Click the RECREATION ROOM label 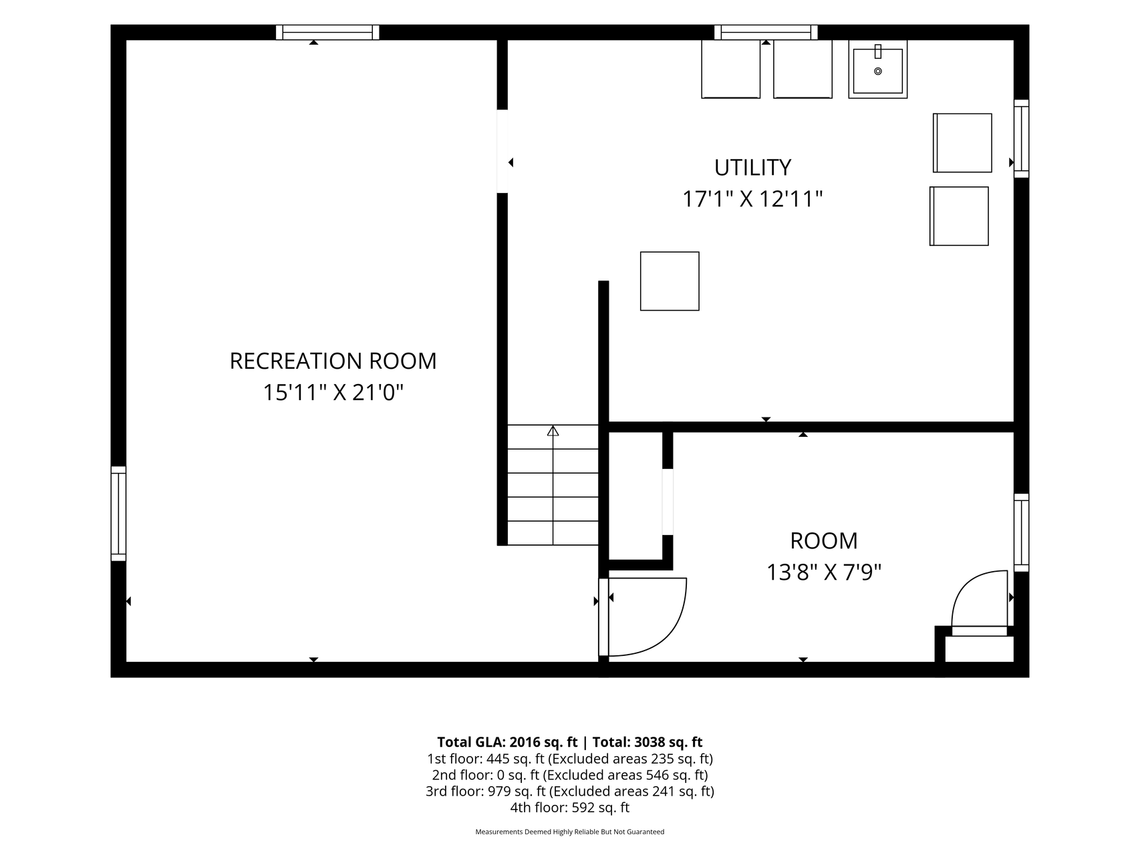[x=333, y=361]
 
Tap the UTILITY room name [x=752, y=167]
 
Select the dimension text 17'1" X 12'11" [x=752, y=199]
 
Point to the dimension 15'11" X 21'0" [x=333, y=393]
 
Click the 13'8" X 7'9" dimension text [x=823, y=572]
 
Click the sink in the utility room [x=877, y=69]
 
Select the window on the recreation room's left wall [x=118, y=514]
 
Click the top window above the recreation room [x=327, y=32]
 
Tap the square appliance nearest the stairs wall [x=670, y=281]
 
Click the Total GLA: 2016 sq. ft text [x=507, y=742]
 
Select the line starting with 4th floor [x=570, y=808]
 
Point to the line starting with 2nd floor [x=570, y=775]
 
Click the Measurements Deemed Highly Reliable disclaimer [x=570, y=832]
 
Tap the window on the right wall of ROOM [x=1021, y=532]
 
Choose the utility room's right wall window [x=1021, y=139]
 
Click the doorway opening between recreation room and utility [x=503, y=151]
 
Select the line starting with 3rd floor [x=570, y=792]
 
